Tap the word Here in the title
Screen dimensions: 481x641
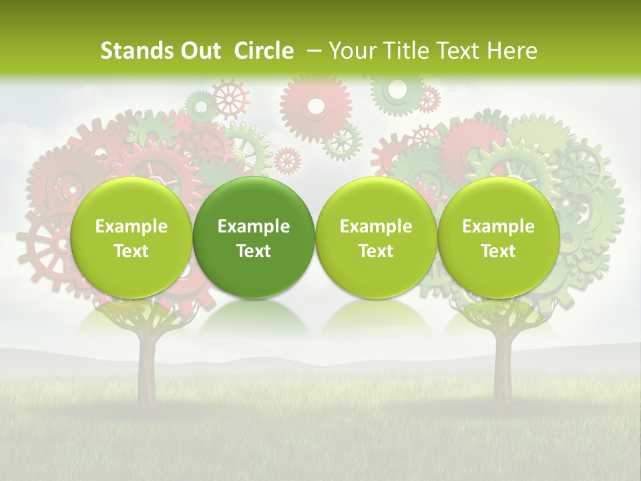(x=511, y=51)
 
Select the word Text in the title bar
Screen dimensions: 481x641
(x=459, y=51)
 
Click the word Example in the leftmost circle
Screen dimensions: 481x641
(x=131, y=226)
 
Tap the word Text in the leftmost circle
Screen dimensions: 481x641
(x=131, y=251)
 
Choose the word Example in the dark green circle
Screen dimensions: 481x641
(x=254, y=226)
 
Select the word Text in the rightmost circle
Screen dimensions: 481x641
(x=498, y=251)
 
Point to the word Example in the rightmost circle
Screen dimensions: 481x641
(x=498, y=226)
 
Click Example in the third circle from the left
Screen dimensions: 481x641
(x=376, y=226)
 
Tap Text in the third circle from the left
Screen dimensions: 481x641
(x=376, y=251)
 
